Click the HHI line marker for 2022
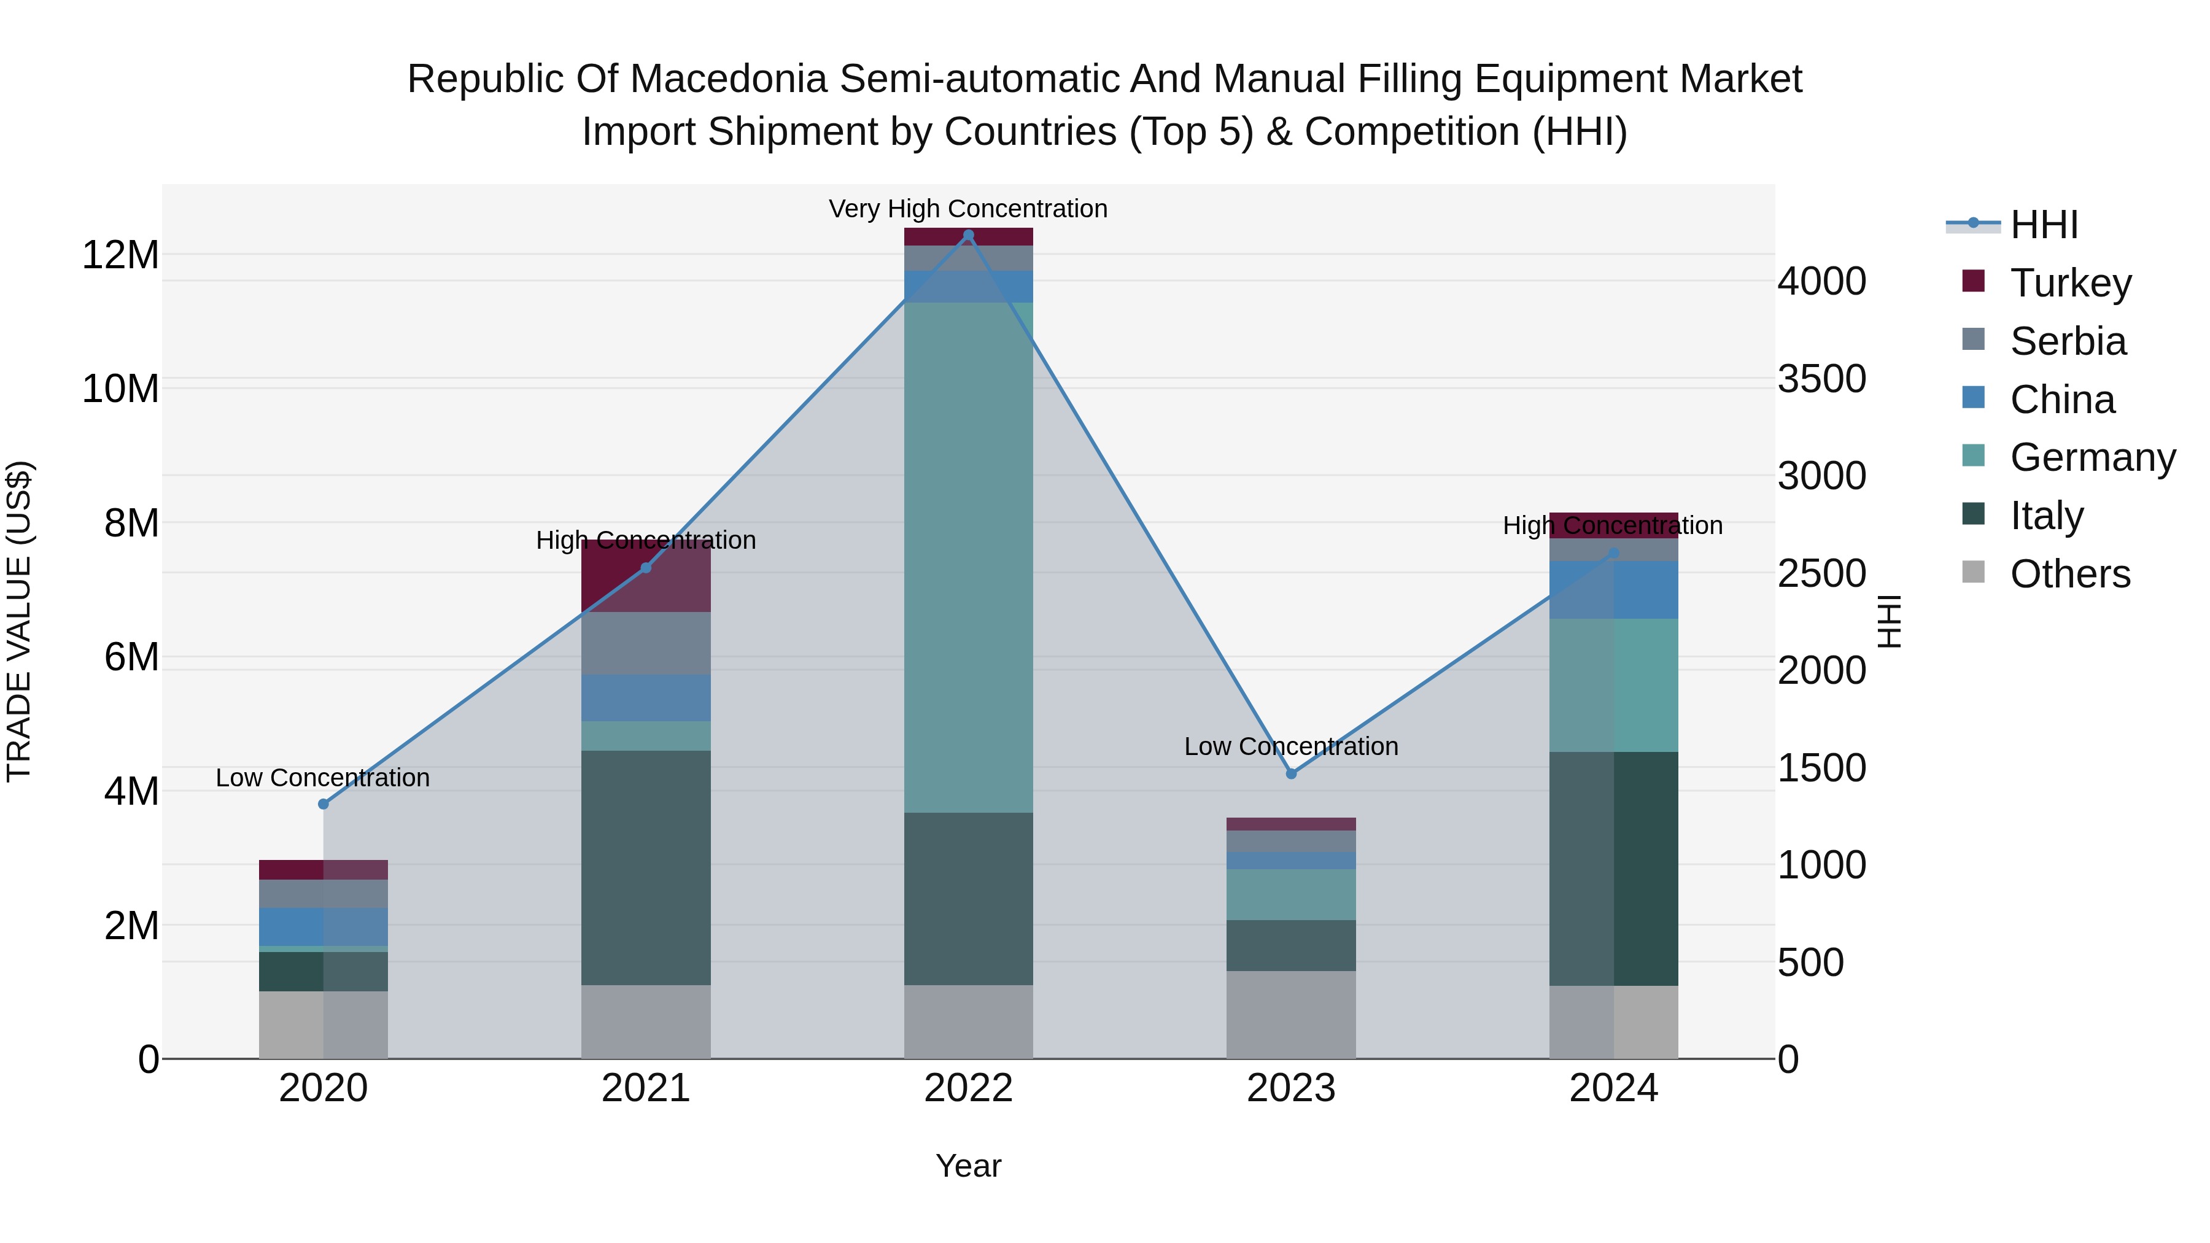click(x=969, y=235)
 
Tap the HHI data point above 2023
click(x=1291, y=774)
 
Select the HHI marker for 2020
click(x=324, y=803)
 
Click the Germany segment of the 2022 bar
click(x=969, y=557)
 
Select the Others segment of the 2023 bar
click(x=1291, y=1014)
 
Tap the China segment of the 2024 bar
click(x=1614, y=590)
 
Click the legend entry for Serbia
click(x=2068, y=341)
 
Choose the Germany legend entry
click(x=2092, y=457)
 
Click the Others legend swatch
click(x=1973, y=572)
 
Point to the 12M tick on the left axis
click(x=120, y=255)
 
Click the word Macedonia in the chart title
click(x=727, y=79)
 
